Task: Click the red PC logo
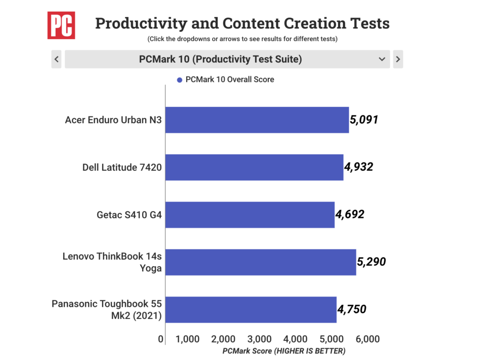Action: [x=61, y=25]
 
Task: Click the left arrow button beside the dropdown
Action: [x=57, y=59]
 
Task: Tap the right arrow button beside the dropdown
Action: [x=398, y=59]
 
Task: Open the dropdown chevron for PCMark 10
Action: [x=382, y=59]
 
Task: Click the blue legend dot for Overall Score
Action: [x=179, y=80]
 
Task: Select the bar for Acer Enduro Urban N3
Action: [x=257, y=120]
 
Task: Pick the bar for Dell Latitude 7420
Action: [x=254, y=167]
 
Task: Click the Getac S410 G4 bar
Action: [x=250, y=215]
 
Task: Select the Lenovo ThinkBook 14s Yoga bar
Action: [x=261, y=262]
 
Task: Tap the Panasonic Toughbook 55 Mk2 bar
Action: [x=251, y=310]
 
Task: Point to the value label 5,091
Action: [x=364, y=120]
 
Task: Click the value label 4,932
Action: [x=359, y=167]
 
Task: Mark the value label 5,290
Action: [x=371, y=262]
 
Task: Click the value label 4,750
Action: [x=352, y=309]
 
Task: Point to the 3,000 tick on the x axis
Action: [x=259, y=339]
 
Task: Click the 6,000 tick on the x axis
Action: [x=367, y=339]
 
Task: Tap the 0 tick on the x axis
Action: [x=160, y=339]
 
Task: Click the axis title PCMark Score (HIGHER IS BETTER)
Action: [x=284, y=351]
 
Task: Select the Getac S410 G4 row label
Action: [x=129, y=215]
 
